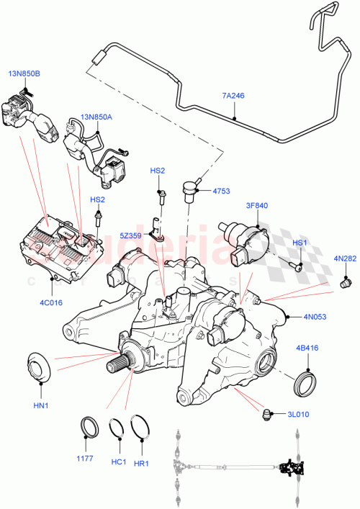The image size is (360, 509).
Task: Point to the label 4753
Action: tap(221, 191)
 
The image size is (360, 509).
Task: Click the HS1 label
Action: tap(299, 243)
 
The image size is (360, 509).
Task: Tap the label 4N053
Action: tap(315, 316)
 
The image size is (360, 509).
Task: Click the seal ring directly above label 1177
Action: tap(89, 426)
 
